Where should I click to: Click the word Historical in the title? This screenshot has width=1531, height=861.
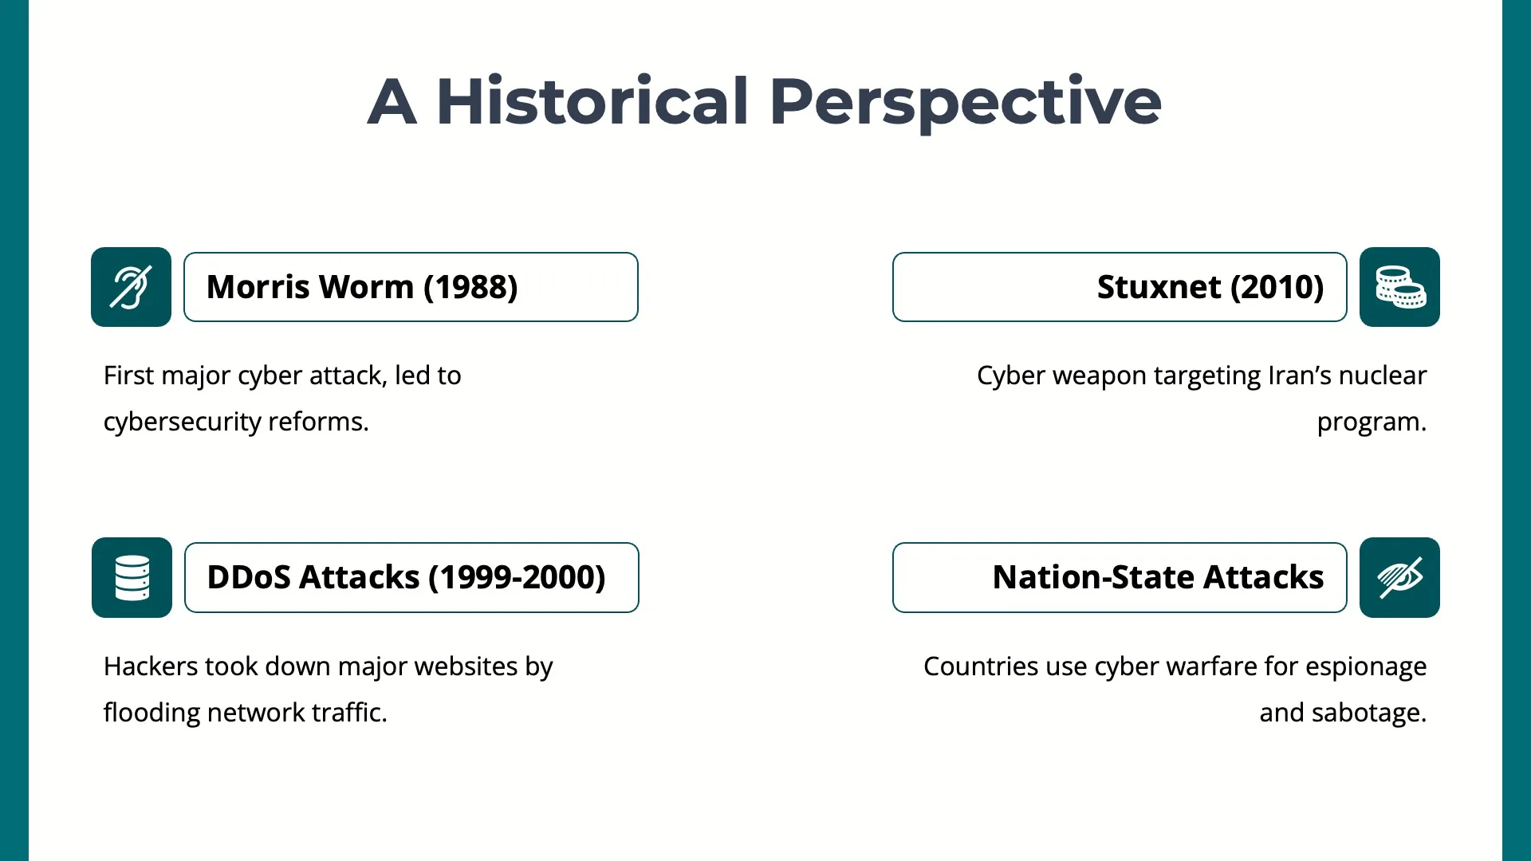point(592,102)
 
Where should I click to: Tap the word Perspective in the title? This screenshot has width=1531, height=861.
point(965,102)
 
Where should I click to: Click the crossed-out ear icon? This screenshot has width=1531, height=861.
point(131,287)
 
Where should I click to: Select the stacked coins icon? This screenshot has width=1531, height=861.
point(1399,287)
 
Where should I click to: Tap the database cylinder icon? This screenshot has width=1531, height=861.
point(132,577)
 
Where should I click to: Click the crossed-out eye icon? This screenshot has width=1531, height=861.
point(1399,577)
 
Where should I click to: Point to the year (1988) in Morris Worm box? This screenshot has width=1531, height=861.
point(470,287)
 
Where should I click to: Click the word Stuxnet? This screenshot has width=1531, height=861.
point(1159,287)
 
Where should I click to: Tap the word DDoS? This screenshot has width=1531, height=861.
point(248,577)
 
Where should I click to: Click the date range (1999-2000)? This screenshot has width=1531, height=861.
point(517,577)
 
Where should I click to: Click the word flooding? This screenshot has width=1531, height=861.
point(152,713)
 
